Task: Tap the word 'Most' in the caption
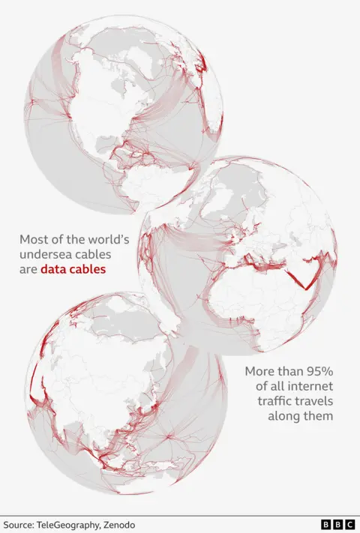pos(34,240)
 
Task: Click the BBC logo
pos(337,526)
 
